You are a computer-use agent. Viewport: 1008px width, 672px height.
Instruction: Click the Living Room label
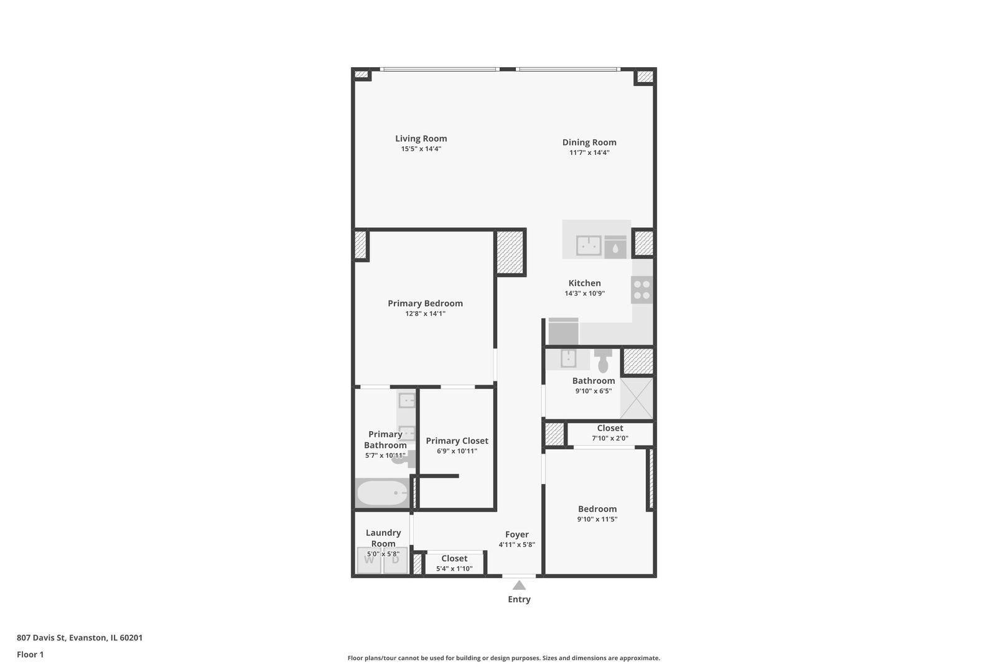tap(421, 139)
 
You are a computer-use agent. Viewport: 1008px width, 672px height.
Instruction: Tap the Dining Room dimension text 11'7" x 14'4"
tap(589, 152)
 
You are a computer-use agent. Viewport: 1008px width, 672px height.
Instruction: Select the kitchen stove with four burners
tap(642, 290)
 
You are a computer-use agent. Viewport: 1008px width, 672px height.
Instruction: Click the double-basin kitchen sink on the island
tap(588, 245)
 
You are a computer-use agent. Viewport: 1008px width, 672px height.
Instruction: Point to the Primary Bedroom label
tap(425, 304)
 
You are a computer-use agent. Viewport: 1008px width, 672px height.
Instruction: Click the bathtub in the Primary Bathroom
tap(381, 493)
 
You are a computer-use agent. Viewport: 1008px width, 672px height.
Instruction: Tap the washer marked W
tap(369, 560)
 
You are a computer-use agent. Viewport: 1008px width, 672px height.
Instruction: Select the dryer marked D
tap(395, 560)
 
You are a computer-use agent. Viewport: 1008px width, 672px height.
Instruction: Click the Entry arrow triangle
tap(519, 585)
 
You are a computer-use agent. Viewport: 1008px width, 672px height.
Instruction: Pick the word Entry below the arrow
tap(519, 599)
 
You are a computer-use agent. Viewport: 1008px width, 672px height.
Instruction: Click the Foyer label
tap(516, 534)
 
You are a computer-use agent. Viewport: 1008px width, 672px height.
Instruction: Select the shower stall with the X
tap(637, 398)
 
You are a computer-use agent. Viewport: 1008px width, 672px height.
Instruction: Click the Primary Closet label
tap(457, 441)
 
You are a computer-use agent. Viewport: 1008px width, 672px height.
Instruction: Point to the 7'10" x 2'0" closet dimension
tap(610, 438)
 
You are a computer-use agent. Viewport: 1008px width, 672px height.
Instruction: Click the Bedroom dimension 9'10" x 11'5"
tap(597, 520)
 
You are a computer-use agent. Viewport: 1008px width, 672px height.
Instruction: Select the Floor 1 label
tap(30, 655)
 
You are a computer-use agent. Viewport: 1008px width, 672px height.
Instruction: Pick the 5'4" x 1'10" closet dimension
tap(454, 569)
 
